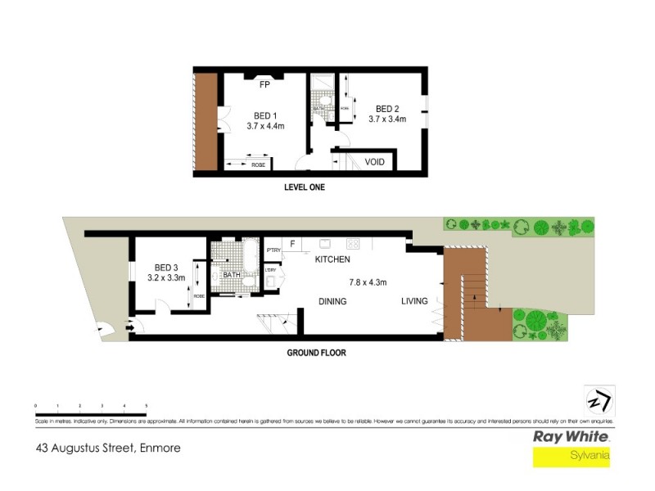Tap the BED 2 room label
coord(386,109)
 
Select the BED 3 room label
coord(166,268)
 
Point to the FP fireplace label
coord(264,84)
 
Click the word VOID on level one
coord(375,162)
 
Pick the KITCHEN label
coord(332,259)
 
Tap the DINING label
coord(332,301)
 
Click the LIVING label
coord(414,301)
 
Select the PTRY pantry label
coord(273,250)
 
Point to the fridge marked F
coord(291,244)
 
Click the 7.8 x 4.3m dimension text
coord(368,282)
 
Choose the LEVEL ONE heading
coord(305,187)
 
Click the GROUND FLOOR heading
coord(316,354)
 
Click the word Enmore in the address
coord(160,448)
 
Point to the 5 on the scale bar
coord(146,406)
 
